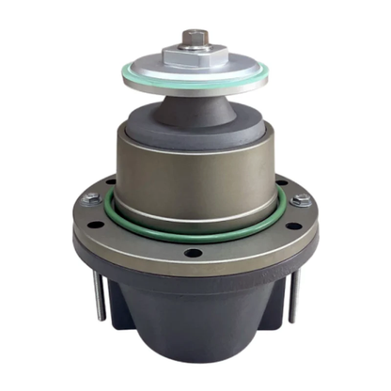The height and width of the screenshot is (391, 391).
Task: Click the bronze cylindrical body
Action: (x=195, y=179)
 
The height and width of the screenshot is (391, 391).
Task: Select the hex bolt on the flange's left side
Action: (x=90, y=198)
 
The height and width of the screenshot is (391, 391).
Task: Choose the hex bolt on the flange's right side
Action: (x=301, y=198)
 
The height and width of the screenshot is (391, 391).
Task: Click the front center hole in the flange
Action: (x=194, y=252)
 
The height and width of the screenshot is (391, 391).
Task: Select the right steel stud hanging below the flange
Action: (x=294, y=295)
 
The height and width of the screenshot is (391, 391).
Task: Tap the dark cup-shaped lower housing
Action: (x=195, y=329)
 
